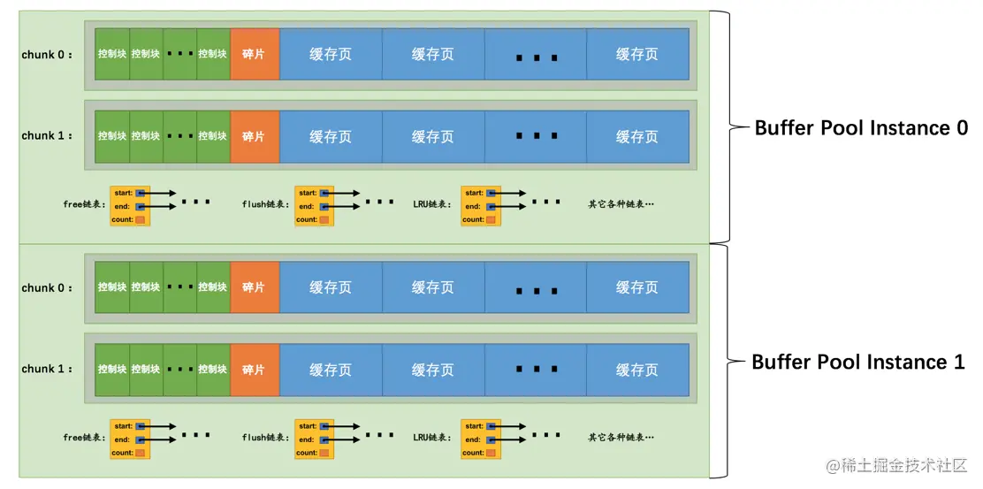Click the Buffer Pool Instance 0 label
(861, 128)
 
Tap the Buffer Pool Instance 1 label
(857, 363)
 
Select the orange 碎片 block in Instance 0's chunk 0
(254, 55)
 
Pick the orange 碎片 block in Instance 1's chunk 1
(254, 370)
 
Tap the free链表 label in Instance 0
(84, 204)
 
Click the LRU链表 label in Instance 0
(431, 204)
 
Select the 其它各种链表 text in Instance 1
(621, 438)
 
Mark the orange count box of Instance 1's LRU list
(491, 453)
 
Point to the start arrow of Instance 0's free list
(159, 193)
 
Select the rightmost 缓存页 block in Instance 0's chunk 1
(637, 137)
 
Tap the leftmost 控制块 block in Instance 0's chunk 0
(112, 55)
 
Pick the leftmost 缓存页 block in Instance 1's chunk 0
(331, 288)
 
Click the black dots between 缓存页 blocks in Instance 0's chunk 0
(536, 57)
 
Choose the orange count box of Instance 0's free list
(140, 219)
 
